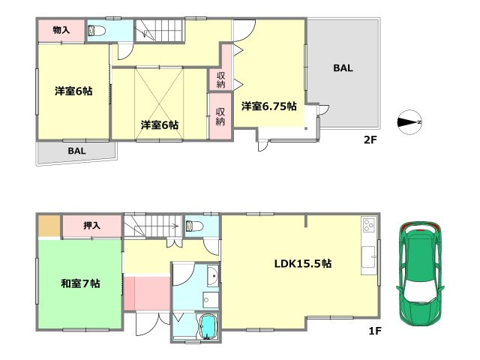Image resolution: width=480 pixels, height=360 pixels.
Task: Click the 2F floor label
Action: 370,139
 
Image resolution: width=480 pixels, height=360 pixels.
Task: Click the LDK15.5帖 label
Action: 303,263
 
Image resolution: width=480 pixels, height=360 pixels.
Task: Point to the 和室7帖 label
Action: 81,283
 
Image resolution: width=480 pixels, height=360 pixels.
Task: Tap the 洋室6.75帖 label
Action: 268,107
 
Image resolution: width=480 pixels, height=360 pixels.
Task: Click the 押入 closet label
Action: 91,224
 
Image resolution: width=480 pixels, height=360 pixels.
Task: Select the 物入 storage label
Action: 61,31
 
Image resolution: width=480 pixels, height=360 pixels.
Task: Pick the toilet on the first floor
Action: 192,225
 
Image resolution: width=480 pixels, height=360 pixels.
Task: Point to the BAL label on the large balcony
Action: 343,68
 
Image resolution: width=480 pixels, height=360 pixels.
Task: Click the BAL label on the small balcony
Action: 76,151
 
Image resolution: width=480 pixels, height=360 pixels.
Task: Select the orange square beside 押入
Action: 49,225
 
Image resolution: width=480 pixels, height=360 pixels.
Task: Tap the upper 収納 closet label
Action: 221,79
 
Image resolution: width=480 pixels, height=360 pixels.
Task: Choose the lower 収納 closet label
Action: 220,116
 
